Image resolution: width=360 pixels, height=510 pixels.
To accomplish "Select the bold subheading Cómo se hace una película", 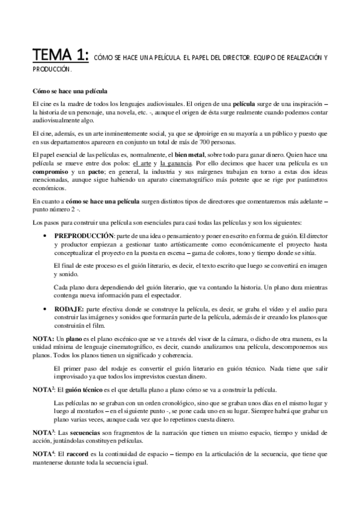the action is click(69, 91).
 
